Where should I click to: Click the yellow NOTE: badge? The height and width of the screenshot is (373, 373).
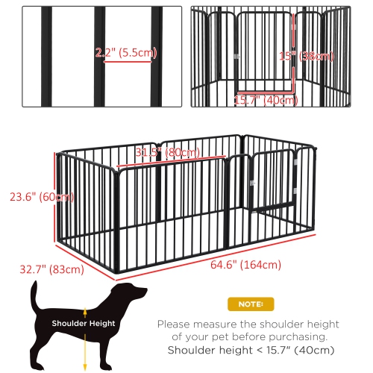[x=250, y=304]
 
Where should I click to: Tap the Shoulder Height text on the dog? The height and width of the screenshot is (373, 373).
[x=83, y=323]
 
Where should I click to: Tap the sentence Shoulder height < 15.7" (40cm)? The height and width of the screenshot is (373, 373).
[x=249, y=350]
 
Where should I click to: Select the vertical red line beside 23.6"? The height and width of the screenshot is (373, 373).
[x=54, y=197]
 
